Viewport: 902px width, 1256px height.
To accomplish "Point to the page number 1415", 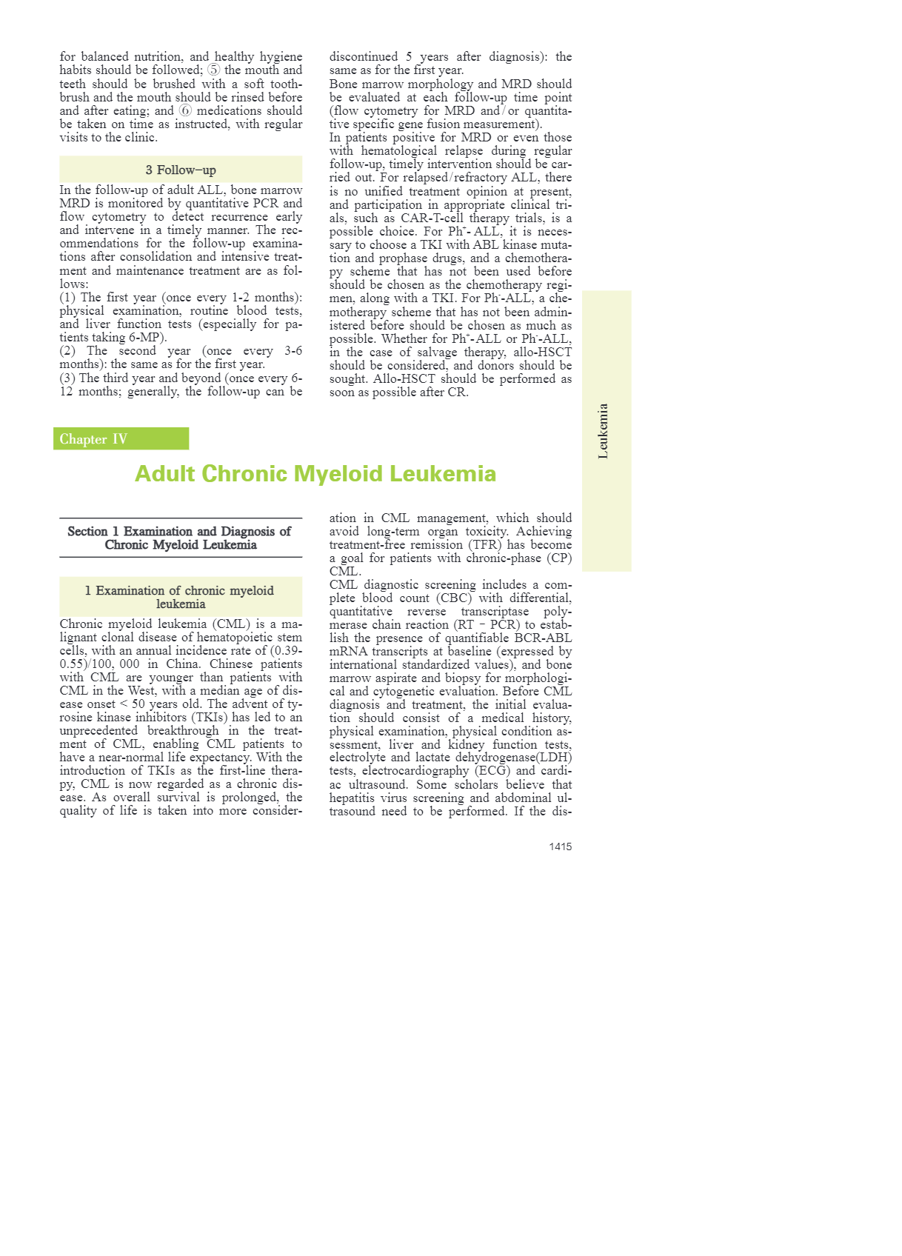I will [x=560, y=846].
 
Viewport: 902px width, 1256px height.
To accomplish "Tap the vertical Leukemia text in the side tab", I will [x=604, y=431].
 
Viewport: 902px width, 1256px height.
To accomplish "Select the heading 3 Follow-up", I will [x=181, y=170].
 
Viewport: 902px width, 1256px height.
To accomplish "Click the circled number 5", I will [x=213, y=70].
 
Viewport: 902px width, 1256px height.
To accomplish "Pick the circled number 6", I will [x=185, y=110].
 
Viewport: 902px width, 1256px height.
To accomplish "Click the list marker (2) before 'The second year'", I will [x=68, y=351].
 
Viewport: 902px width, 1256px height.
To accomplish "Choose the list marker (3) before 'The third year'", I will [x=68, y=378].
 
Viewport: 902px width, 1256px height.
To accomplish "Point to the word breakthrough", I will [x=183, y=730].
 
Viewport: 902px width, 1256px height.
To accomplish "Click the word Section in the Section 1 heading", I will [x=87, y=531].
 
